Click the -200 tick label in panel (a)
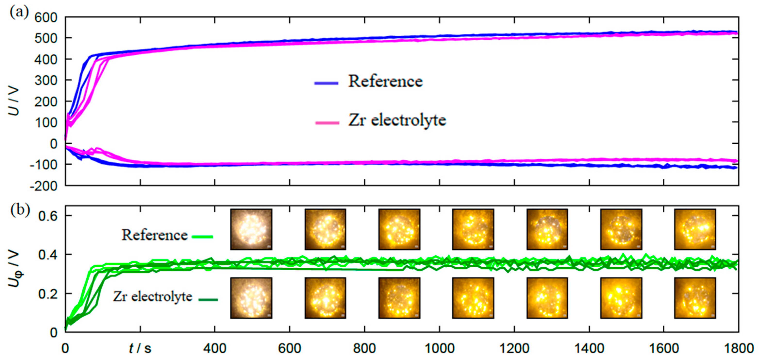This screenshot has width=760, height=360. tap(43, 186)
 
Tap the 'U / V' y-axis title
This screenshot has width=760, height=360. tap(14, 101)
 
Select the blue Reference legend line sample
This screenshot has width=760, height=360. tap(326, 83)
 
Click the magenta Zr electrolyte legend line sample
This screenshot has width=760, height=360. tap(327, 122)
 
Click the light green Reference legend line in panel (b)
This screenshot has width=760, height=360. tap(202, 237)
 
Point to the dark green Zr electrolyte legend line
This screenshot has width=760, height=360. tap(208, 300)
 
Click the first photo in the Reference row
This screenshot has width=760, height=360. tap(251, 229)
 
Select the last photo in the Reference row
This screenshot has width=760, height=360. tap(695, 229)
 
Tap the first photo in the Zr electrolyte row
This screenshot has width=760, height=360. tap(251, 298)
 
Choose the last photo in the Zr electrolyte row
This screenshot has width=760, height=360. tap(695, 298)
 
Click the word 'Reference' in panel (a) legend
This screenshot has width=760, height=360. tap(385, 81)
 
